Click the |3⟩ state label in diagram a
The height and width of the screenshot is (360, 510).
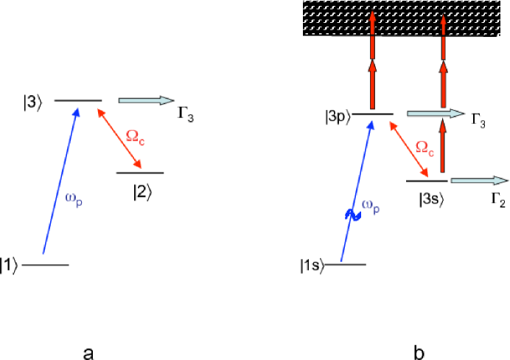point(33,102)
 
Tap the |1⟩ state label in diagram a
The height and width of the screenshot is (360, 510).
point(10,265)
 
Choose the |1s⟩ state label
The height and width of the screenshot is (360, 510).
point(312,264)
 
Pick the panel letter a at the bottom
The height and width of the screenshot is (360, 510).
point(88,353)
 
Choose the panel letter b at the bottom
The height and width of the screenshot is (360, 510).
point(419,352)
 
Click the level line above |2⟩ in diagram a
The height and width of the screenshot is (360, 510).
point(140,173)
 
